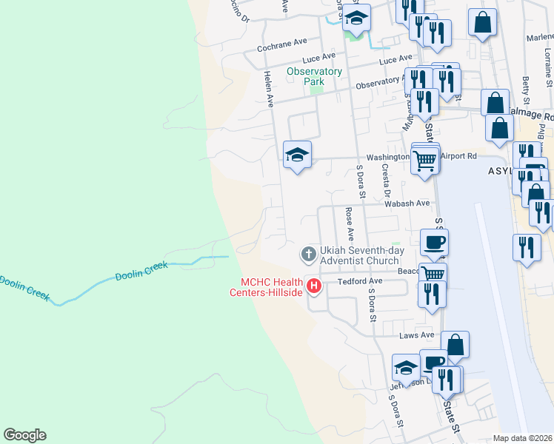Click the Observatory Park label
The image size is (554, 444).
coord(314,76)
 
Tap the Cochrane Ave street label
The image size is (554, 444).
coord(281,46)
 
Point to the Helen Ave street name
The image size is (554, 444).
coord(268,87)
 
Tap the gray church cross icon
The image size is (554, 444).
coord(308,255)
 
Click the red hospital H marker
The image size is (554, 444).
coord(314,285)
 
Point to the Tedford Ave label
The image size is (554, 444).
coord(359,281)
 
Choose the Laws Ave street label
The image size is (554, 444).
coord(415,335)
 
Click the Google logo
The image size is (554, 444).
coord(24,435)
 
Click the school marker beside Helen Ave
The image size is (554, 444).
coord(297,154)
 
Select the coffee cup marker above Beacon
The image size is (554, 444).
coord(434,241)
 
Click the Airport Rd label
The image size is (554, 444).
coord(458,156)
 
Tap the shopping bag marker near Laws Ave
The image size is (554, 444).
coord(455,344)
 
